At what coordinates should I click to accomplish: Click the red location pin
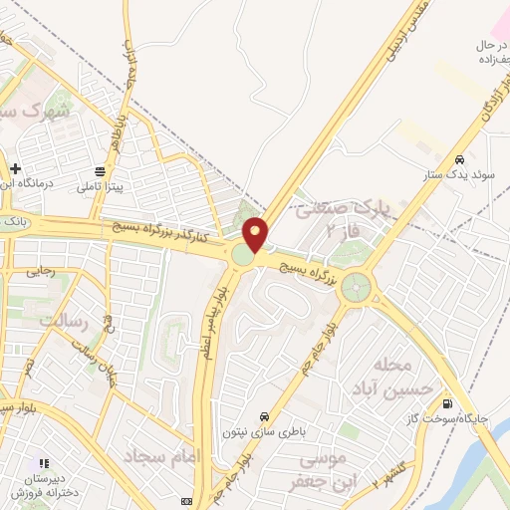point(256,235)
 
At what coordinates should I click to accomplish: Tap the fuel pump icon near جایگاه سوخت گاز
point(447,403)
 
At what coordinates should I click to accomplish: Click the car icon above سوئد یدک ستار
point(459,159)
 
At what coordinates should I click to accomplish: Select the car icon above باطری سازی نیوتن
point(263,415)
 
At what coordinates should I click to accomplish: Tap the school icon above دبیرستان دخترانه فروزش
point(43,463)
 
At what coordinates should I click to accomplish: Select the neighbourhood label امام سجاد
point(165,455)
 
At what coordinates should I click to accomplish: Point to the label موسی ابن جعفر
point(321,471)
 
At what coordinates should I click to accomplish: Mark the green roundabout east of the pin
point(355,290)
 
